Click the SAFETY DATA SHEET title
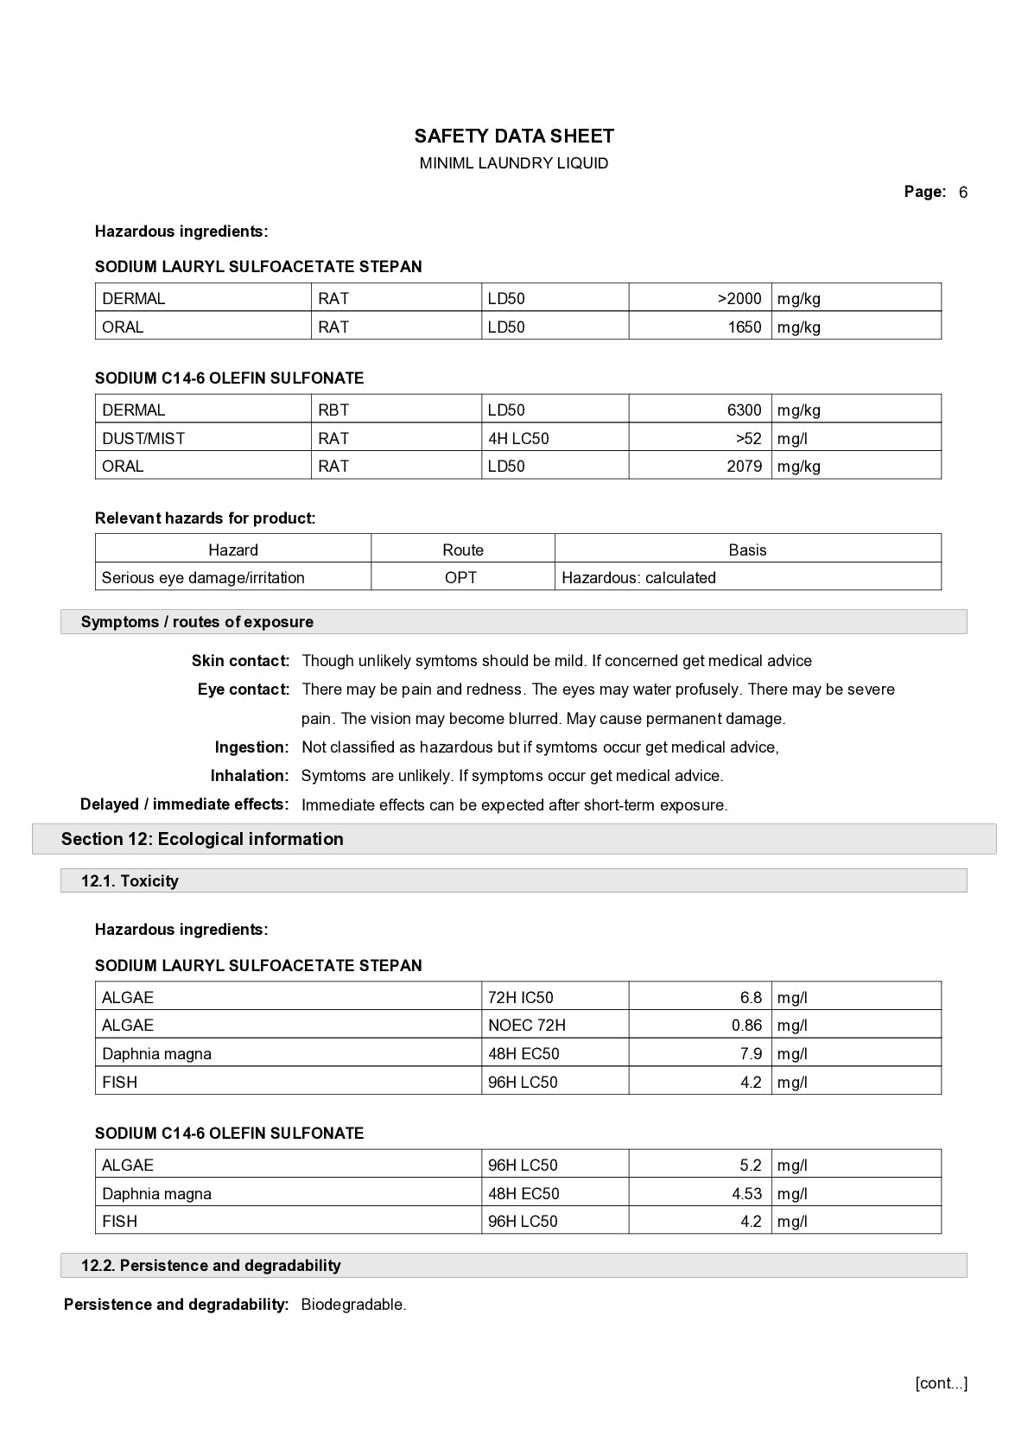[514, 136]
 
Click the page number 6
[962, 193]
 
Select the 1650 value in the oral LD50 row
[744, 327]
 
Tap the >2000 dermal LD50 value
[739, 298]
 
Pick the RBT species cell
[333, 410]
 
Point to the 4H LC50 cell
[518, 438]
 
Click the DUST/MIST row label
[143, 438]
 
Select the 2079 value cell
[744, 466]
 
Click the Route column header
[463, 550]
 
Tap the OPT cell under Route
[460, 577]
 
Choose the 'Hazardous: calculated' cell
[638, 577]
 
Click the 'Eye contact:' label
[244, 689]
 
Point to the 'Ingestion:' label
[251, 747]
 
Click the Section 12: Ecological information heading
[202, 839]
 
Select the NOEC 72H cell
[527, 1025]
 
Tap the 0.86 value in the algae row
[746, 1025]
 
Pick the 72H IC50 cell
[521, 997]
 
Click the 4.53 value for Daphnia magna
[746, 1193]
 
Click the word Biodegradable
[353, 1305]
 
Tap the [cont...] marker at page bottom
[941, 1383]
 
